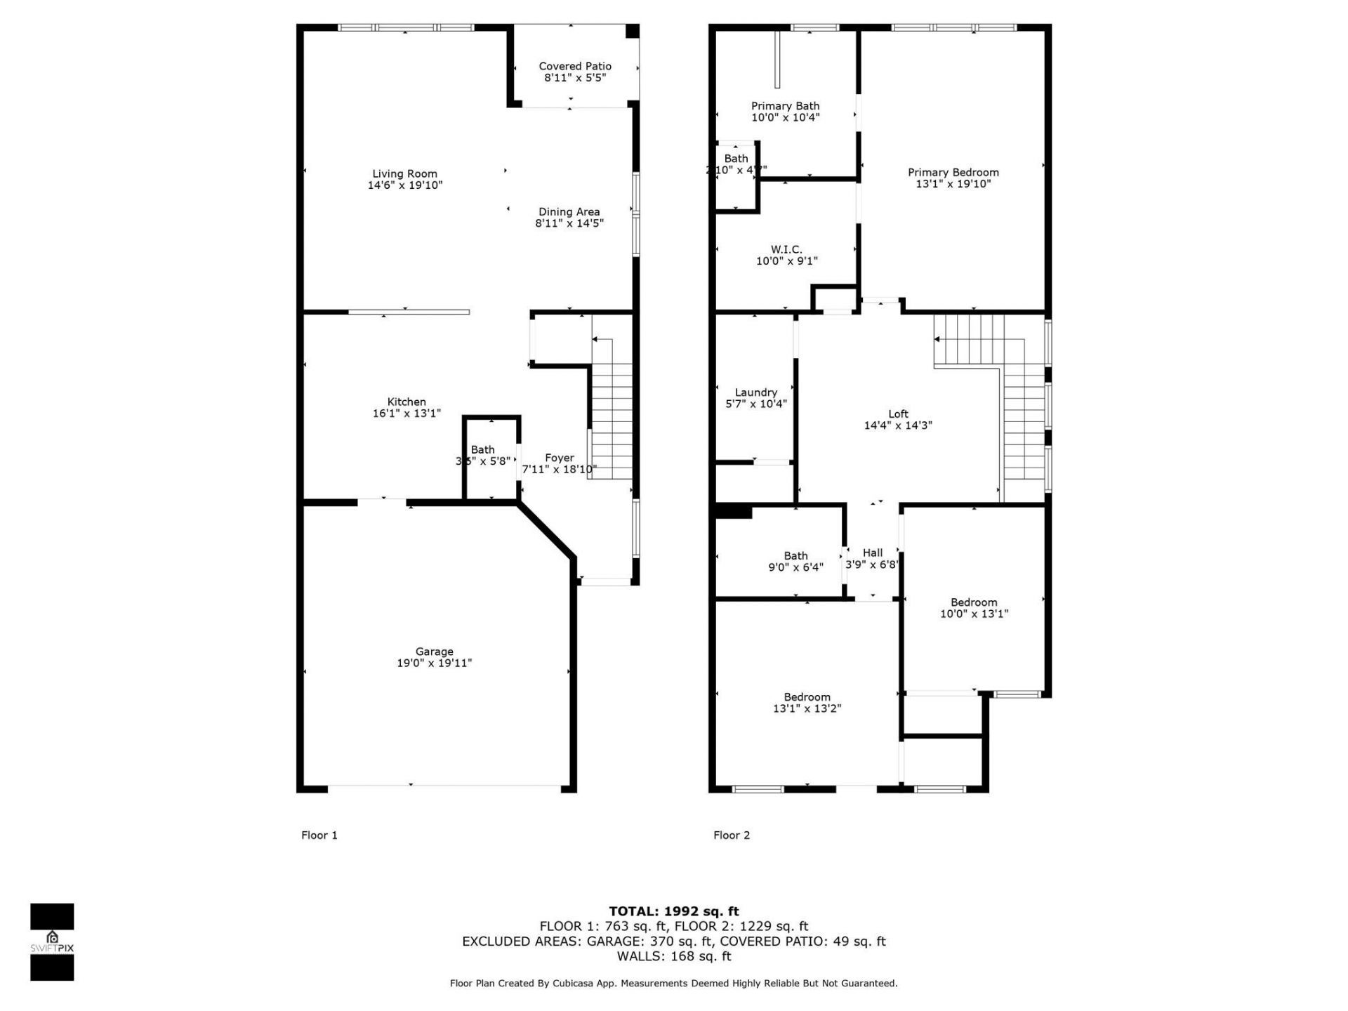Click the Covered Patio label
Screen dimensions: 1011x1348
click(575, 66)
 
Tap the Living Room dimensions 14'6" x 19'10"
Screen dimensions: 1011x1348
click(405, 185)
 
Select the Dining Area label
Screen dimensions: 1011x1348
click(569, 211)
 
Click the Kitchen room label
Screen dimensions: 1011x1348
click(407, 402)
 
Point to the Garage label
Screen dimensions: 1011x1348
click(434, 652)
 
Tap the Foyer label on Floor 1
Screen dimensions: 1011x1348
click(559, 458)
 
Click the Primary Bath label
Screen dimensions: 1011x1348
click(785, 106)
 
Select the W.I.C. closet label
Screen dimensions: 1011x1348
click(786, 249)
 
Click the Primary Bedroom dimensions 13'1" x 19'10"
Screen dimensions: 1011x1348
click(953, 184)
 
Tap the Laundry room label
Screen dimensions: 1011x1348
click(755, 392)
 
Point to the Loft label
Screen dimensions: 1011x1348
click(898, 414)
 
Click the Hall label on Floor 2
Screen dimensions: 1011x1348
click(873, 553)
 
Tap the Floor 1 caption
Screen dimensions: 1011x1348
click(319, 835)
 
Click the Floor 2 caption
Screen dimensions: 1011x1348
click(732, 835)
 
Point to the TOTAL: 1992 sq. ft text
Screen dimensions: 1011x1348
click(673, 911)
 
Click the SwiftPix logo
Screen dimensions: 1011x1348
click(52, 941)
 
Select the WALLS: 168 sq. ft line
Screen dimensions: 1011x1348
click(673, 956)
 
